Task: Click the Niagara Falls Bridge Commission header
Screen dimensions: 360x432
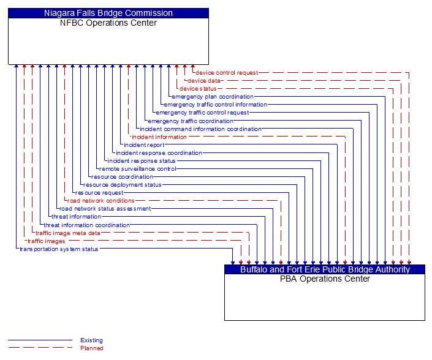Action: tap(108, 13)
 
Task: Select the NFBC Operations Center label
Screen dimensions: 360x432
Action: tap(108, 23)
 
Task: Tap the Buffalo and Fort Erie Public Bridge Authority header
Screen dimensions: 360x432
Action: tap(325, 269)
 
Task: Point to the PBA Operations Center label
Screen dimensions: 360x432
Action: tap(325, 279)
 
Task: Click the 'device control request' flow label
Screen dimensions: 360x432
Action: tap(227, 73)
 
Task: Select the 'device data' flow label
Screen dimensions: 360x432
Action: tap(204, 81)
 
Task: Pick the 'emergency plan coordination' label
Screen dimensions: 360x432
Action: tap(213, 97)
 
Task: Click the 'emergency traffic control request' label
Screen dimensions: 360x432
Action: tap(202, 113)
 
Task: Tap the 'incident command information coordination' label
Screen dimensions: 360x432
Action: tap(200, 129)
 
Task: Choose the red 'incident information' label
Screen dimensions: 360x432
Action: tap(159, 137)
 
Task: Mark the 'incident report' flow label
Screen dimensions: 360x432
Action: tap(144, 145)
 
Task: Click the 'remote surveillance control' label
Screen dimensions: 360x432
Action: tap(138, 169)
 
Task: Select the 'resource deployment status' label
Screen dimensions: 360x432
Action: tap(123, 185)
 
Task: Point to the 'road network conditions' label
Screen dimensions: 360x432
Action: tap(100, 201)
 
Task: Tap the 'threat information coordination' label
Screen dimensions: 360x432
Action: tap(86, 225)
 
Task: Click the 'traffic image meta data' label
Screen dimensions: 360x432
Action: tap(67, 233)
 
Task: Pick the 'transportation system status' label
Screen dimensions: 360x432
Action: tap(59, 249)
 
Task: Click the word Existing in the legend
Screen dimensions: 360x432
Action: tap(91, 340)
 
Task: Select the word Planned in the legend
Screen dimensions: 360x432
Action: tap(91, 348)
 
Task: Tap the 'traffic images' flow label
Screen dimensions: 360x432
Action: tap(46, 241)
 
